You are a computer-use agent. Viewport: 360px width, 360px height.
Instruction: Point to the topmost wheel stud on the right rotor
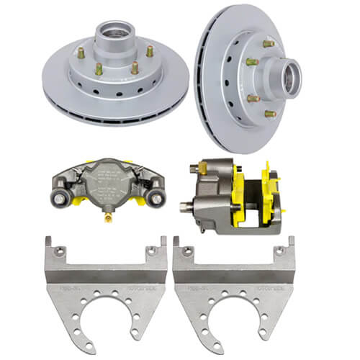pyautogui.click(x=268, y=44)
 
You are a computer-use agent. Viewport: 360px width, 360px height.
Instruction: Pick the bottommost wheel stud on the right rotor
pyautogui.click(x=269, y=113)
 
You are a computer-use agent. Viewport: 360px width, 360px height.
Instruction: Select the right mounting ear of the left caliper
pyautogui.click(x=154, y=194)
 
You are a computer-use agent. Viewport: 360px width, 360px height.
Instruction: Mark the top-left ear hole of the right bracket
pyautogui.click(x=184, y=251)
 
